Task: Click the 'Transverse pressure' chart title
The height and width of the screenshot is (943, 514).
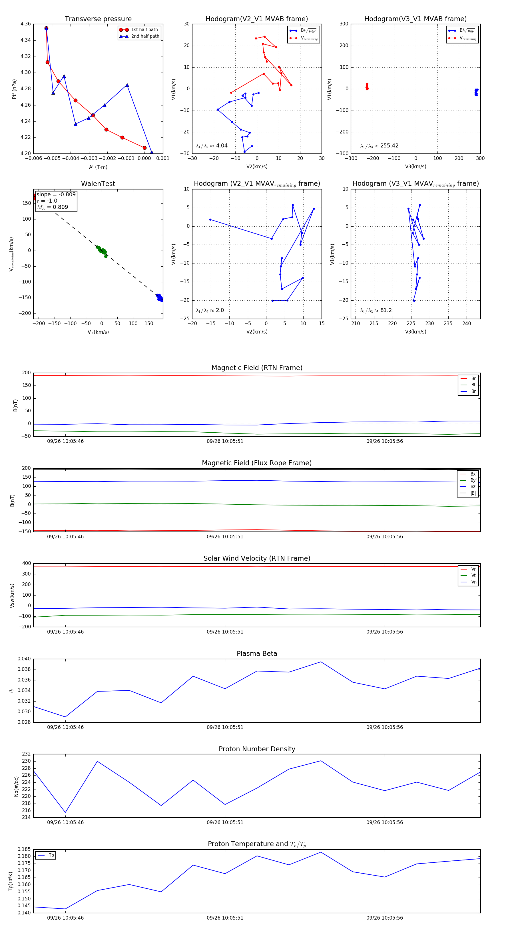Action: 98,19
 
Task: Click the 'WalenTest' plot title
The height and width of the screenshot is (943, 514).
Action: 98,184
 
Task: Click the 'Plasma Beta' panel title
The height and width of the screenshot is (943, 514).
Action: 257,654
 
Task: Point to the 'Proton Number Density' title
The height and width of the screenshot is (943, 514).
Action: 257,749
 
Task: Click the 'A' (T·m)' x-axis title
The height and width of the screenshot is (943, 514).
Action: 98,167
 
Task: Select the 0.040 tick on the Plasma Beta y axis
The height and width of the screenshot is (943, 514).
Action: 24,659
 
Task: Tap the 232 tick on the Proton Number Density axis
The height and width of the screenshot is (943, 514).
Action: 26,754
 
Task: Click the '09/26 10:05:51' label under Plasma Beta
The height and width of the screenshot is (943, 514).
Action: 225,727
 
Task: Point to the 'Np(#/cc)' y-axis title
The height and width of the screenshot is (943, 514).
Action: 16,786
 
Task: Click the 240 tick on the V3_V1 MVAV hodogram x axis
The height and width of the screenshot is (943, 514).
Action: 466,323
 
